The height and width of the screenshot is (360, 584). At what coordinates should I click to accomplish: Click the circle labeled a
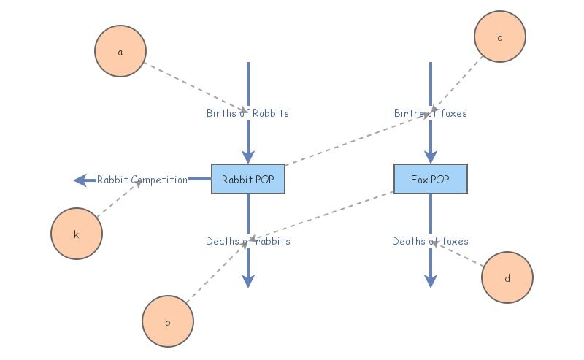click(120, 51)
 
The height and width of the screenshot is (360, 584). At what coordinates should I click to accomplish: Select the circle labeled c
click(500, 37)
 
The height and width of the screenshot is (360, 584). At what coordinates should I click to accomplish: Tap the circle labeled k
click(77, 234)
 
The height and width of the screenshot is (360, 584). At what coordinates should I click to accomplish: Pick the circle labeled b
click(168, 321)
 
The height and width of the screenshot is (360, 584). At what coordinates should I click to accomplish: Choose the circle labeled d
click(507, 277)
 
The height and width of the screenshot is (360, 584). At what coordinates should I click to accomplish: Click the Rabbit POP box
click(248, 179)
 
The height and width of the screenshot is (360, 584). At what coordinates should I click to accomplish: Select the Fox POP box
click(431, 179)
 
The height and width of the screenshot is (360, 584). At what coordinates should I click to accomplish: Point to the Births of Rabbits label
click(247, 113)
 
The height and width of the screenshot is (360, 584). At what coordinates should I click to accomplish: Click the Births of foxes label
click(431, 113)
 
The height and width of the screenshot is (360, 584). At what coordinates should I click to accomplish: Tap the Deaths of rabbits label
click(248, 241)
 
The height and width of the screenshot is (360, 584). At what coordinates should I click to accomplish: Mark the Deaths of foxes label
click(430, 241)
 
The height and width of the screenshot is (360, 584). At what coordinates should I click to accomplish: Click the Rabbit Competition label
click(142, 180)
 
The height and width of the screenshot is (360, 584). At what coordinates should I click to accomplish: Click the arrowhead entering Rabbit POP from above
click(248, 157)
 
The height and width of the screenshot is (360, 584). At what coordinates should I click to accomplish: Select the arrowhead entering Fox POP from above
click(431, 157)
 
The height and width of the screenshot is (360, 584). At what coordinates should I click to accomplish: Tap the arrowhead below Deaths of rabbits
click(248, 281)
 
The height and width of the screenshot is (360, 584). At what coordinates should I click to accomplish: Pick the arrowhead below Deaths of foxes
click(431, 281)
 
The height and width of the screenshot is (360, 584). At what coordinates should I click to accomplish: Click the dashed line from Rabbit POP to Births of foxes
click(358, 139)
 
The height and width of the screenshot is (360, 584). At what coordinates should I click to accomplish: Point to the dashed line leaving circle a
click(195, 86)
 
